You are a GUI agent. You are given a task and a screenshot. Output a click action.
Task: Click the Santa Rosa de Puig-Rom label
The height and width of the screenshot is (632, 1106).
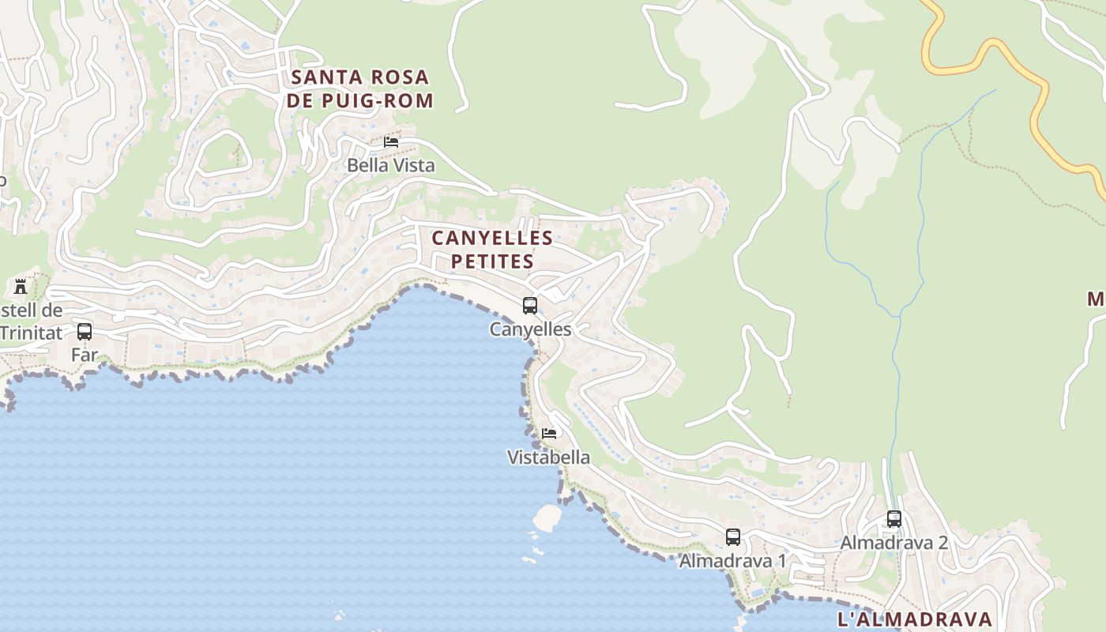[x=361, y=88]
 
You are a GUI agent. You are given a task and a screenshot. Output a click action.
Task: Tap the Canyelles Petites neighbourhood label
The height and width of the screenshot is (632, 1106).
[x=491, y=249]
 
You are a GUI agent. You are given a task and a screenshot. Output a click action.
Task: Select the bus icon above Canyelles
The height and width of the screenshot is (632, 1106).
[x=530, y=305]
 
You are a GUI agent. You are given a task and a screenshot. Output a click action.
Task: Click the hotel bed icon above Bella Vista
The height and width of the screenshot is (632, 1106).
[x=391, y=142]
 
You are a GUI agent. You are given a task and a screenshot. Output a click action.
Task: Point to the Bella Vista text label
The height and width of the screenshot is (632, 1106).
[x=391, y=166]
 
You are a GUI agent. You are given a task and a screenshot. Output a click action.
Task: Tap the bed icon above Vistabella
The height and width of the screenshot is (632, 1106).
[x=549, y=433]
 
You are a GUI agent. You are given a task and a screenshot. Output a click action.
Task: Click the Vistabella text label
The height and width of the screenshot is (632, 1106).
[x=548, y=457]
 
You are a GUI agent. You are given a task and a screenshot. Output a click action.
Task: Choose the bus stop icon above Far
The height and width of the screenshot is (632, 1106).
[x=85, y=332]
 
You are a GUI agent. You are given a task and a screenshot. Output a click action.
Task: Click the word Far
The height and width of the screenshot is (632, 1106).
[x=85, y=355]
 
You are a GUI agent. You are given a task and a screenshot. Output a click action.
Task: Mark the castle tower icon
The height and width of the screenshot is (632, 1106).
[x=21, y=286]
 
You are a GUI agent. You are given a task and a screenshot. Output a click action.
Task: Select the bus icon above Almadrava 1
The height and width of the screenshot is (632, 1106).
[x=733, y=537]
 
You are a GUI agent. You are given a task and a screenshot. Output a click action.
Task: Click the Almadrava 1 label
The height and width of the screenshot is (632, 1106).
[x=732, y=561]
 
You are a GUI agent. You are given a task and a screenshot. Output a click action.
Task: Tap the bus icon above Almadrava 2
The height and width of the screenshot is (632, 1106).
[x=894, y=519]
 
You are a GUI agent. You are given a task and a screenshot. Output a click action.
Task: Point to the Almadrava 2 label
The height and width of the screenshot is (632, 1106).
[x=893, y=543]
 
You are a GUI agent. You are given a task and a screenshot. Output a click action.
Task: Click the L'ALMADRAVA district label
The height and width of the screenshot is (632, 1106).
[x=914, y=619]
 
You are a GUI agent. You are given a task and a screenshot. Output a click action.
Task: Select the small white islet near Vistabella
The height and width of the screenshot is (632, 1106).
[x=547, y=517]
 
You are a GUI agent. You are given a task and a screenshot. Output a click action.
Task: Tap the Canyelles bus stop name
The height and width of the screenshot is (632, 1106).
[x=530, y=329]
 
